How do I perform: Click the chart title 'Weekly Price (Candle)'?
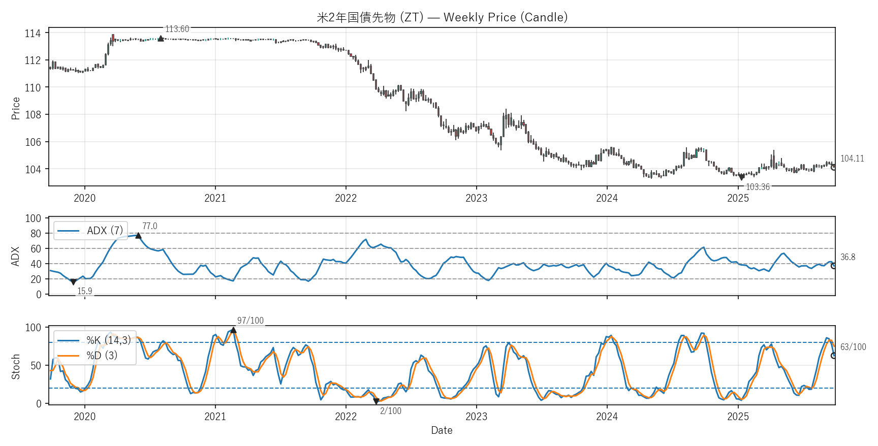pyautogui.click(x=442, y=17)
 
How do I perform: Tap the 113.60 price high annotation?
pyautogui.click(x=177, y=29)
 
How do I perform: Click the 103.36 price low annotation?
pyautogui.click(x=758, y=187)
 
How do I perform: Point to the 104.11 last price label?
pyautogui.click(x=852, y=158)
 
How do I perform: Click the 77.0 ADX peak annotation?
pyautogui.click(x=149, y=226)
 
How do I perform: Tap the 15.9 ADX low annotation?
pyautogui.click(x=85, y=291)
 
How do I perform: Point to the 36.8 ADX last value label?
pyautogui.click(x=848, y=257)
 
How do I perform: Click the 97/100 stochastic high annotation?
pyautogui.click(x=250, y=321)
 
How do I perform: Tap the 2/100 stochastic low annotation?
pyautogui.click(x=391, y=411)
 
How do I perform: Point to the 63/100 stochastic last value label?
pyautogui.click(x=853, y=347)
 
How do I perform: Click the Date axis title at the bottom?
pyautogui.click(x=442, y=430)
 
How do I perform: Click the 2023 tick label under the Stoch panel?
pyautogui.click(x=476, y=417)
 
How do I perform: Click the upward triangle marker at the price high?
pyautogui.click(x=161, y=38)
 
